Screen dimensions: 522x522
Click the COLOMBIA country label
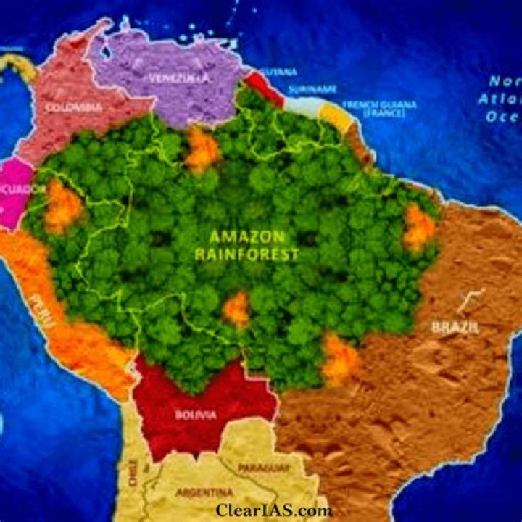click(x=73, y=107)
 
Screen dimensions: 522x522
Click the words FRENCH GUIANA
click(x=379, y=104)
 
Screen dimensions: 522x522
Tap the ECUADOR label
click(x=29, y=189)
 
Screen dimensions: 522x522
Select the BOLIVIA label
click(x=194, y=415)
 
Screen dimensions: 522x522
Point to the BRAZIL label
click(x=455, y=327)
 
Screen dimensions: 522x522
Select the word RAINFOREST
click(x=246, y=254)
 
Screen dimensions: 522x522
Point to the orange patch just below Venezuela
click(x=202, y=150)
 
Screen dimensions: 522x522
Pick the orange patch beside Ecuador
click(x=63, y=206)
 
